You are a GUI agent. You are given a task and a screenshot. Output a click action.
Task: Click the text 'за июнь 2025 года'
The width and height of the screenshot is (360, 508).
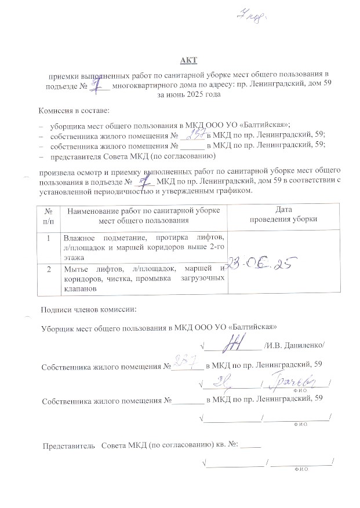(x=184, y=94)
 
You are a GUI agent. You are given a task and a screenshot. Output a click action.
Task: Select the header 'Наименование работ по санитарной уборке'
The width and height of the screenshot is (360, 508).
(x=144, y=210)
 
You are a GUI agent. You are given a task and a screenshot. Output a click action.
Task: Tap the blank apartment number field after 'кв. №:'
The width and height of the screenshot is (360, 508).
(x=251, y=446)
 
